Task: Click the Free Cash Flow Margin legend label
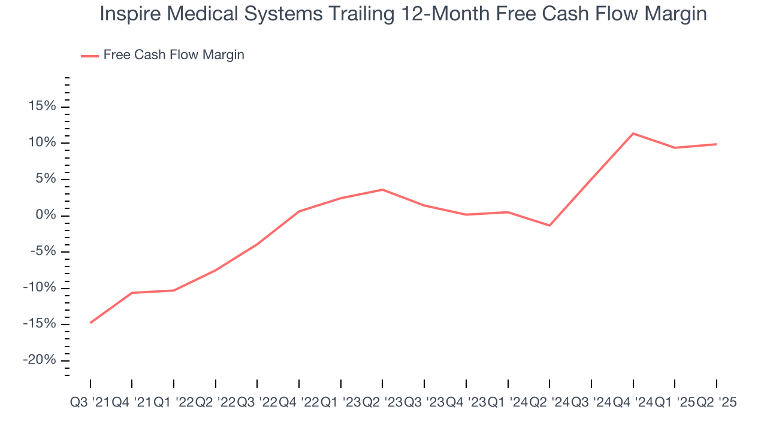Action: coord(173,55)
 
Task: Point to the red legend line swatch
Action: coord(90,56)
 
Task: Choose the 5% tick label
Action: coord(45,179)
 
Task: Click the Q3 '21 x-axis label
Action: coord(90,403)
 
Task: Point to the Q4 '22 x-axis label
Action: coord(299,403)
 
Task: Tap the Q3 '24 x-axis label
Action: coord(591,403)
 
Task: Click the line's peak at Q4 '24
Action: coord(633,133)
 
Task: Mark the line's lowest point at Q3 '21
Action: coord(90,323)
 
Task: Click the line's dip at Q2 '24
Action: coord(549,225)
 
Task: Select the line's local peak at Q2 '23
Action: coord(382,190)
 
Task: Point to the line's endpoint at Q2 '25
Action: coord(716,144)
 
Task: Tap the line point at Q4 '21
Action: coord(132,293)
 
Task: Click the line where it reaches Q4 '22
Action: coord(299,211)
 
